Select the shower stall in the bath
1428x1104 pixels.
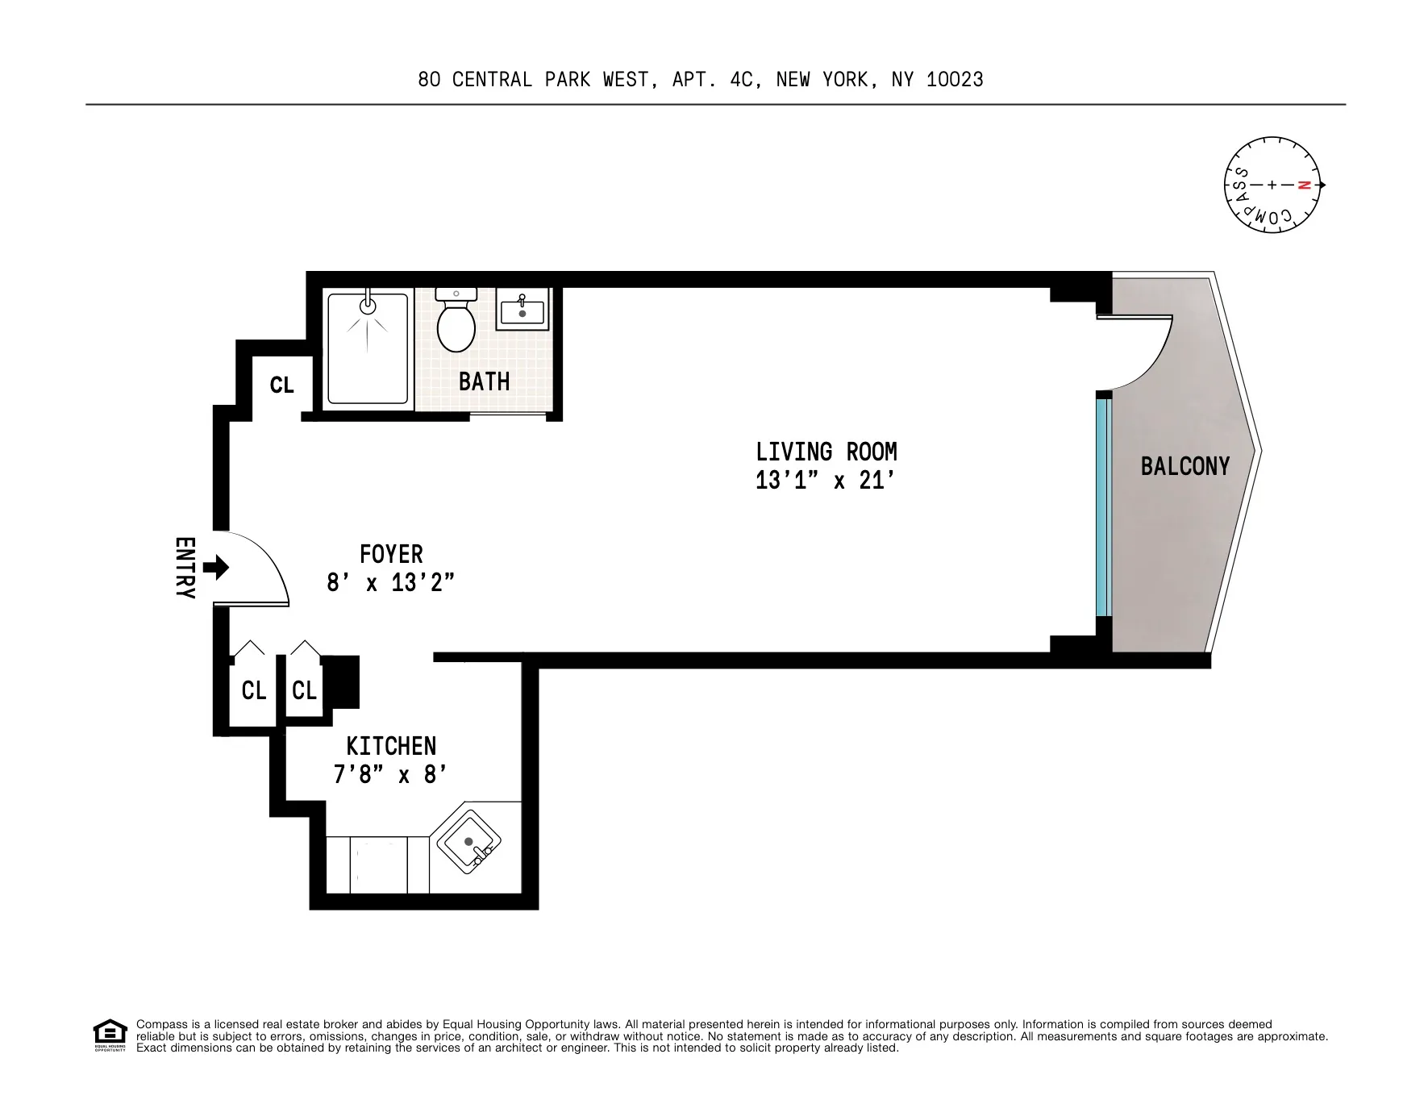coord(368,348)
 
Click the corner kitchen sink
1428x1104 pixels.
coord(469,843)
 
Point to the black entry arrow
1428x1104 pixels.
coord(216,568)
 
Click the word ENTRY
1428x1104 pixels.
coord(185,568)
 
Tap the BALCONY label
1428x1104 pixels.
coord(1184,466)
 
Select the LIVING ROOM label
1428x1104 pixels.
coord(826,452)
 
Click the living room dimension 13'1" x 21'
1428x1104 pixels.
coord(826,481)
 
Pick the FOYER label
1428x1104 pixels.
coord(391,554)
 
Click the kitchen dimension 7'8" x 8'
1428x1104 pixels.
coord(390,775)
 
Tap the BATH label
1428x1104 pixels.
coord(484,381)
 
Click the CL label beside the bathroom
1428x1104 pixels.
coord(281,385)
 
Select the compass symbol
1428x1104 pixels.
coord(1272,185)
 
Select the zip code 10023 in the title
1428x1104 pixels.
coord(955,80)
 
